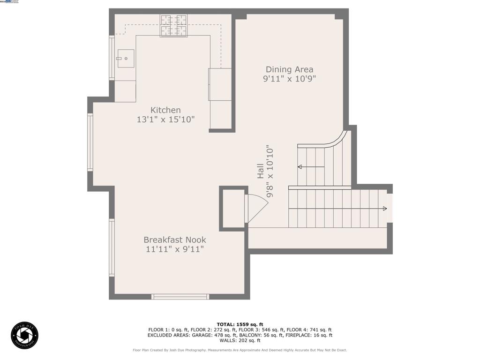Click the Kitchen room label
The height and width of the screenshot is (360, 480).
(x=165, y=110)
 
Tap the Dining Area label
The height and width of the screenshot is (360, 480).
(x=289, y=70)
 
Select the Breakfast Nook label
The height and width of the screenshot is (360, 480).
(x=175, y=240)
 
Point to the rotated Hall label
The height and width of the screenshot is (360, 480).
(x=260, y=171)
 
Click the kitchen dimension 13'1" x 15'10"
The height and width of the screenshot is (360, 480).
(x=165, y=120)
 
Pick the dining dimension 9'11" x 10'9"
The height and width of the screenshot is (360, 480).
(x=289, y=79)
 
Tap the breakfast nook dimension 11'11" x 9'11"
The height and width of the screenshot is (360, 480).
(x=175, y=249)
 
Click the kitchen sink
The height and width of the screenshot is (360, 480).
(x=126, y=59)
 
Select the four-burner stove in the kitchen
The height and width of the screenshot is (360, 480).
(x=173, y=25)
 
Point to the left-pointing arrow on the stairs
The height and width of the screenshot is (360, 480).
(x=300, y=167)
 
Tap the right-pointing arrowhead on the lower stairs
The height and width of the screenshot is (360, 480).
(x=384, y=209)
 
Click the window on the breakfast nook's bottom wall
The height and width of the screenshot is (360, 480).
(x=180, y=296)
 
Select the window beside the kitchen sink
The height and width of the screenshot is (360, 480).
(x=112, y=58)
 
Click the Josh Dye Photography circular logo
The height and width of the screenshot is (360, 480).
(x=24, y=335)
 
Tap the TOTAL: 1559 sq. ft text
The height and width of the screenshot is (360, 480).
(x=240, y=324)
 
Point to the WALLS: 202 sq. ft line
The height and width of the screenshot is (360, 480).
(x=240, y=341)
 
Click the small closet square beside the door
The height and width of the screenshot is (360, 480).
(x=233, y=209)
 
